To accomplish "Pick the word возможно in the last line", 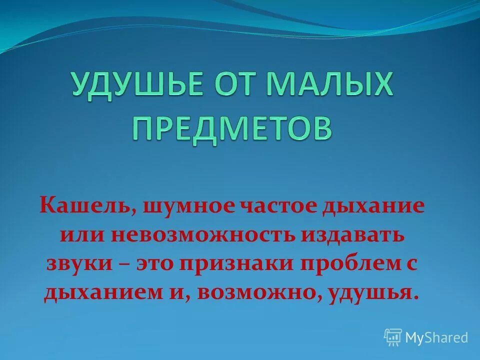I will click(x=259, y=292).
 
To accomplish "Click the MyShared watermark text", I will click(x=436, y=337).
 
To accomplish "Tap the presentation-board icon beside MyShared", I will click(x=393, y=337).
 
